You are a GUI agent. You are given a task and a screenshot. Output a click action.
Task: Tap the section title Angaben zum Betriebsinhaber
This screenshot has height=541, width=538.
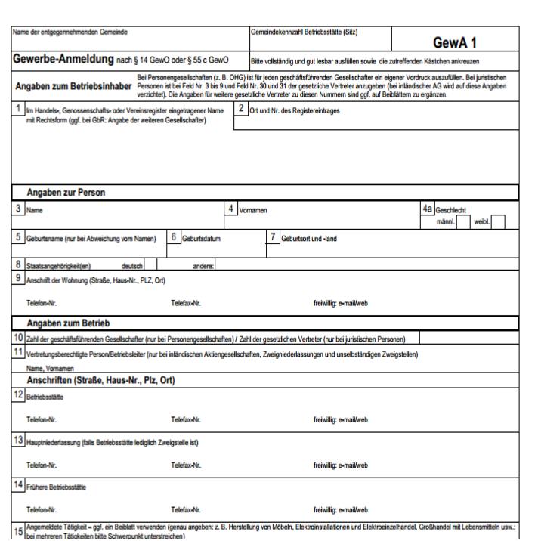click(x=70, y=85)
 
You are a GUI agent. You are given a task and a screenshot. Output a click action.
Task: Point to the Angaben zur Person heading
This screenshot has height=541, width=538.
click(x=66, y=192)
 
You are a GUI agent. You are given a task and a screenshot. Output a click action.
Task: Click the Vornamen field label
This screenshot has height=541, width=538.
click(x=254, y=207)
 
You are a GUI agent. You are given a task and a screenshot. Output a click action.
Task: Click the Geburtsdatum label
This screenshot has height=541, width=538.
click(x=202, y=239)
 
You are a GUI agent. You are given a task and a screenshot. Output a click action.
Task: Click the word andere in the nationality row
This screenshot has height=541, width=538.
click(x=203, y=265)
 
